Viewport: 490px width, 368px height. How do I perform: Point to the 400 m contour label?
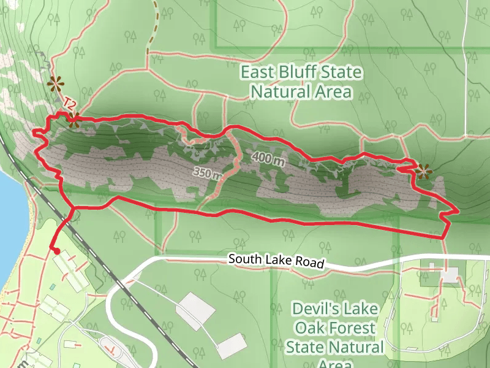click(x=268, y=159)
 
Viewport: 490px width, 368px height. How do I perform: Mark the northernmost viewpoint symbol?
click(x=56, y=83)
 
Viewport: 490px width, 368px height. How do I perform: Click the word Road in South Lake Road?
click(x=310, y=264)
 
